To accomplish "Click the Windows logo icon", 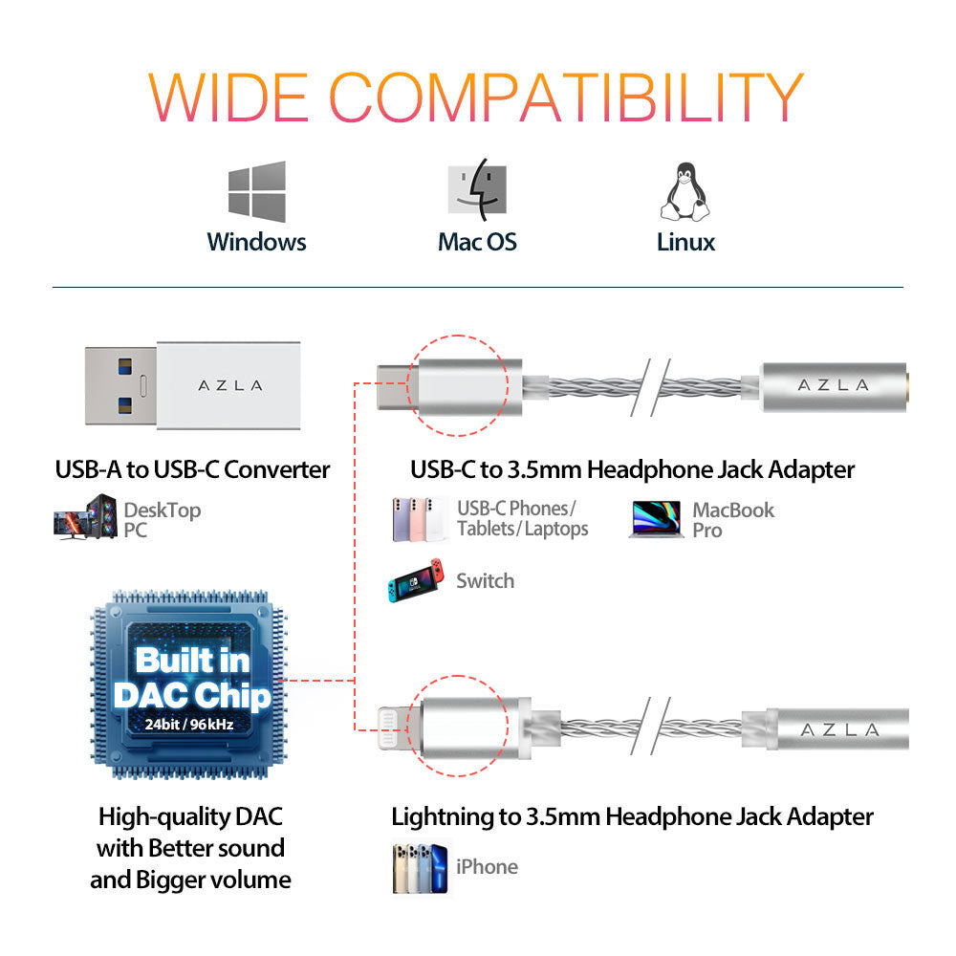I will tap(256, 190).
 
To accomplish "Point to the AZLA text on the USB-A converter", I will tap(229, 385).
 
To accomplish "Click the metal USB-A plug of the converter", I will tap(119, 385).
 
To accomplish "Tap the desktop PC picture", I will tap(85, 517).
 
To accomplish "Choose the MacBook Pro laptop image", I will tap(655, 519).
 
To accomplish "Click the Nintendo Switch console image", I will tap(415, 580).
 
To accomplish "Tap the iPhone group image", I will tap(421, 867).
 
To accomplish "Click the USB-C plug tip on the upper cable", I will tap(392, 384).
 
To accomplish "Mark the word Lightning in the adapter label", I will tap(443, 816).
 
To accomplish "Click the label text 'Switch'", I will tap(485, 580).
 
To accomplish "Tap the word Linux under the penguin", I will tap(685, 242).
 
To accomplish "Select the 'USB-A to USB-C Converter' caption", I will tap(192, 469).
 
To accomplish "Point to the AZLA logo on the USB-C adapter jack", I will tap(833, 384).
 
